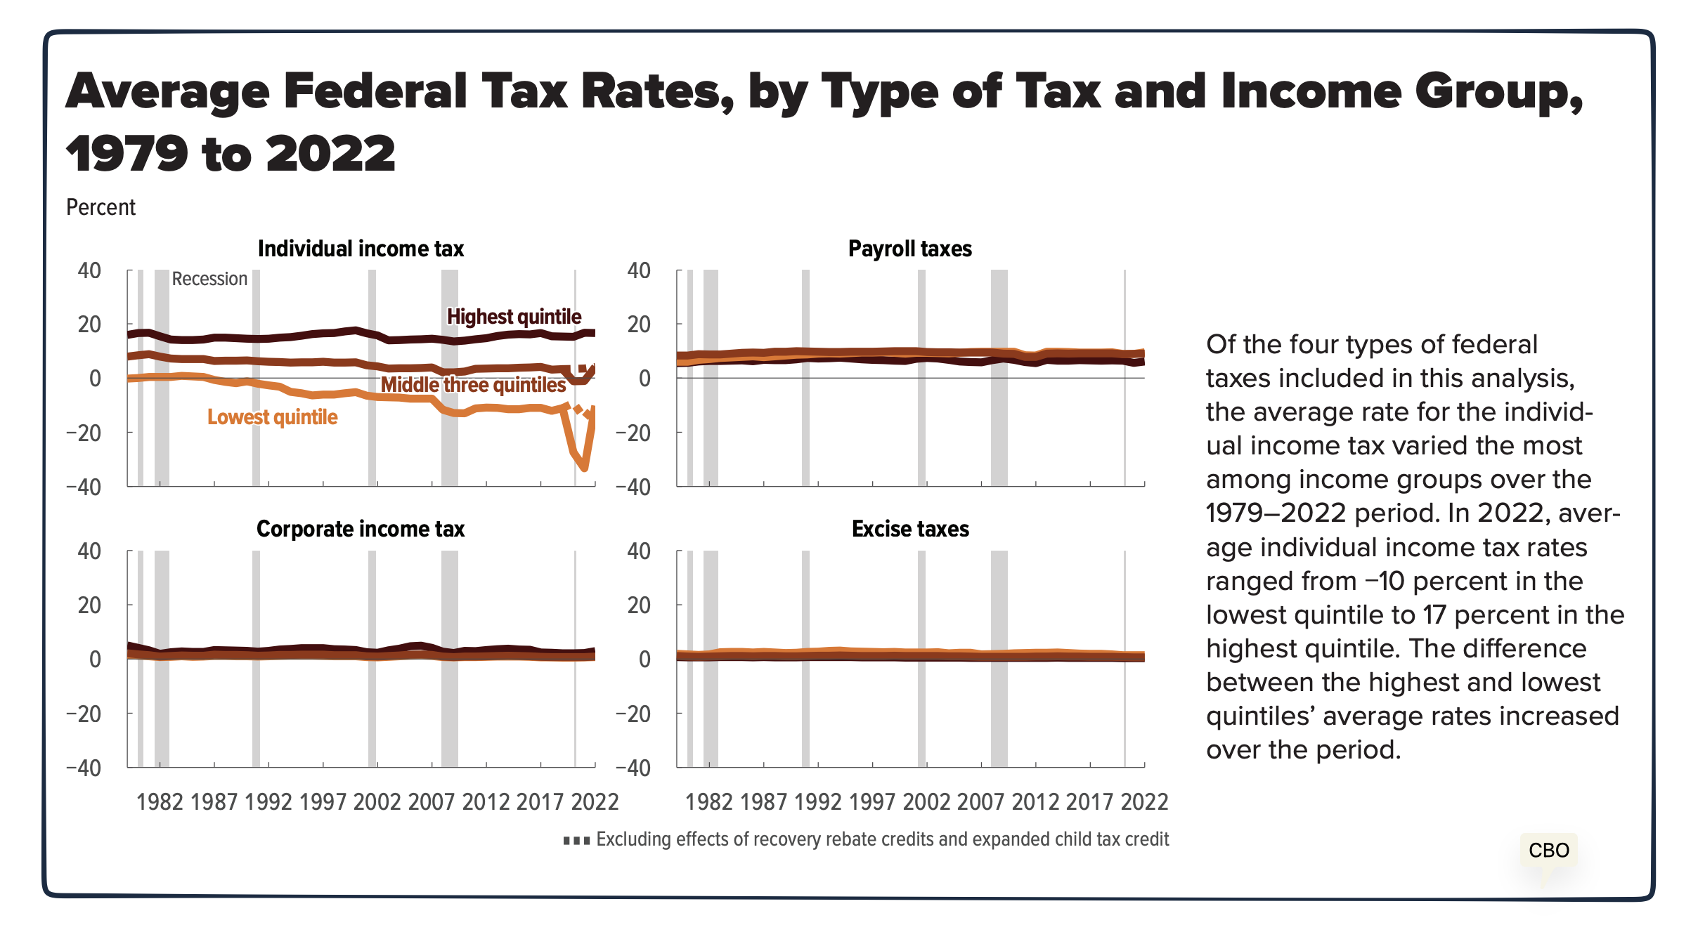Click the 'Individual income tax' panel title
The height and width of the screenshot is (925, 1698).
[361, 249]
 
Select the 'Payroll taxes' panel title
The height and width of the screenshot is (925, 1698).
[909, 249]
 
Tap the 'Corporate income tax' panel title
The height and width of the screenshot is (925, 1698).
[360, 529]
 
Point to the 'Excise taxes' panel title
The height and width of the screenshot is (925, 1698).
[909, 529]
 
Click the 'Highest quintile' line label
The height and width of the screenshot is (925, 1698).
[514, 317]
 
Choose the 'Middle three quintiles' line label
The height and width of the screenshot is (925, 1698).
[473, 385]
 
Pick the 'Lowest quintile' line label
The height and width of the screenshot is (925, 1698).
[272, 417]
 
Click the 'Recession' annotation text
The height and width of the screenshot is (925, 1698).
[209, 279]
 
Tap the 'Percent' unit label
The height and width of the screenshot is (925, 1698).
[101, 207]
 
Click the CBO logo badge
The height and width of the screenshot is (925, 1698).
[1548, 851]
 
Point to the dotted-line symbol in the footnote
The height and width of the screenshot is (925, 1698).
[576, 841]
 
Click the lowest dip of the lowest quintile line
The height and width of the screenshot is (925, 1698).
[585, 468]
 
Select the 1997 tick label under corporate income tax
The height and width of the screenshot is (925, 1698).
[323, 801]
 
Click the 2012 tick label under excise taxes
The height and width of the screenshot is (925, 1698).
[1035, 801]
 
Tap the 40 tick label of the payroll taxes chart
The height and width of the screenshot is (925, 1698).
[638, 270]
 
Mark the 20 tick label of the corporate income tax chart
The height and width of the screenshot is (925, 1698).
[89, 605]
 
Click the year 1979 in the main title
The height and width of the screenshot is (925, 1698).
[127, 154]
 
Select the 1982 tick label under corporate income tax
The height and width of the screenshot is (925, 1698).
[160, 801]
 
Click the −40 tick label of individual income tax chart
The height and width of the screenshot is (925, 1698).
[84, 487]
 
